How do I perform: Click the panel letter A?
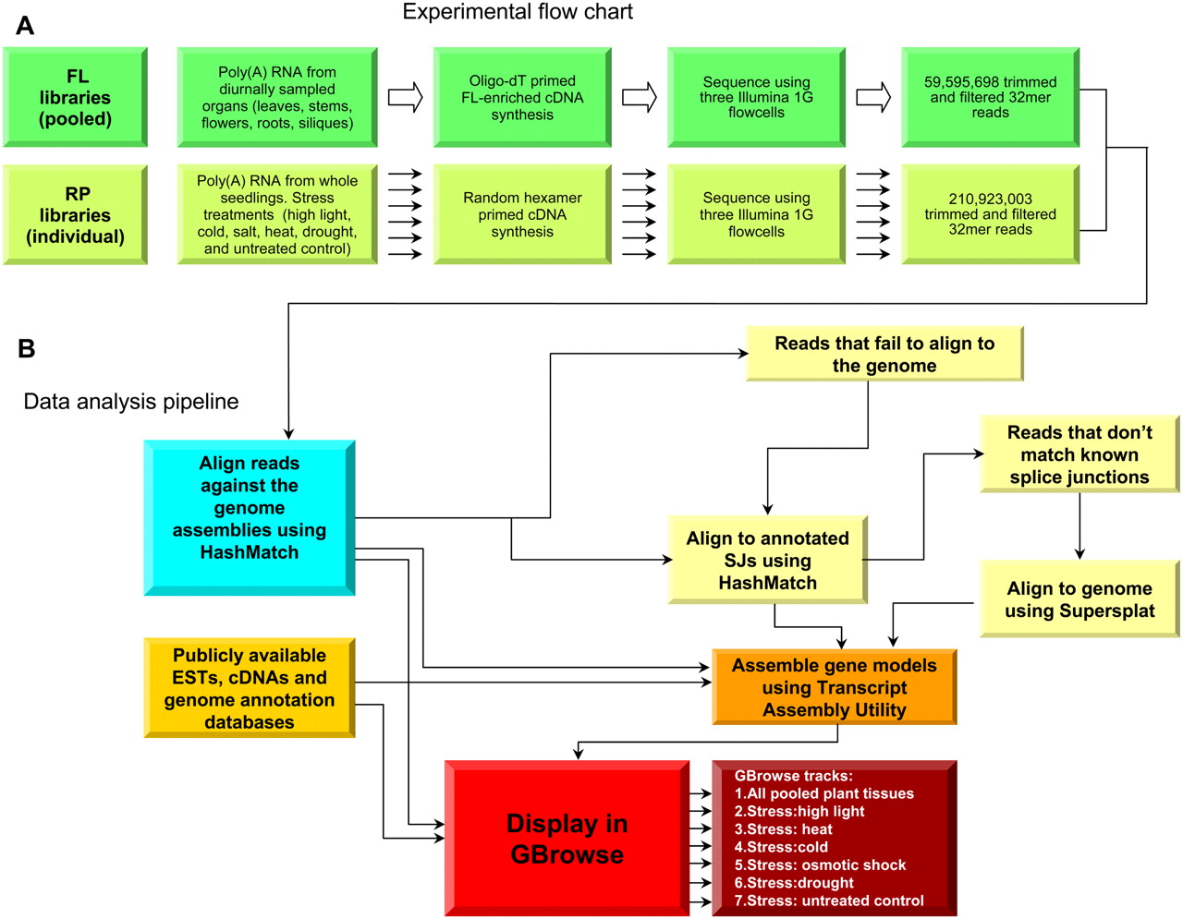coord(25,26)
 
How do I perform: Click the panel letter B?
coord(26,348)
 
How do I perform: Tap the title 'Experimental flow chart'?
coord(518,12)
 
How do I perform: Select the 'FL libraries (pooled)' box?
coord(75,98)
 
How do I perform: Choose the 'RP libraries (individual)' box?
coord(75,215)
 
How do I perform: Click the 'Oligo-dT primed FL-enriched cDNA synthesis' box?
coord(522,98)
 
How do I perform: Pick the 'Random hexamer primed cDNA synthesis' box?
coord(522,215)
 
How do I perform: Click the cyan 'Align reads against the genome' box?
coord(250,517)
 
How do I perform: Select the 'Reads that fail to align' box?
coord(884,354)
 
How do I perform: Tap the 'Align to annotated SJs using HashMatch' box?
coord(767,560)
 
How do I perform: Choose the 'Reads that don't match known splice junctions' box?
coord(1079,454)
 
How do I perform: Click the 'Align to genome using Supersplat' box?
coord(1079,599)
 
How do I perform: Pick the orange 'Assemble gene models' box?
coord(834,687)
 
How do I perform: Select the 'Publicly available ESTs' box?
coord(250,688)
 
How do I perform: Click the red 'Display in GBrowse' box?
coord(567,839)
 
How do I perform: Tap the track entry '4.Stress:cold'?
coord(781,847)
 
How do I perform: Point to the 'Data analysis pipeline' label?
coord(131,402)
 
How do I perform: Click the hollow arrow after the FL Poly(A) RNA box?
coord(405,97)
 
